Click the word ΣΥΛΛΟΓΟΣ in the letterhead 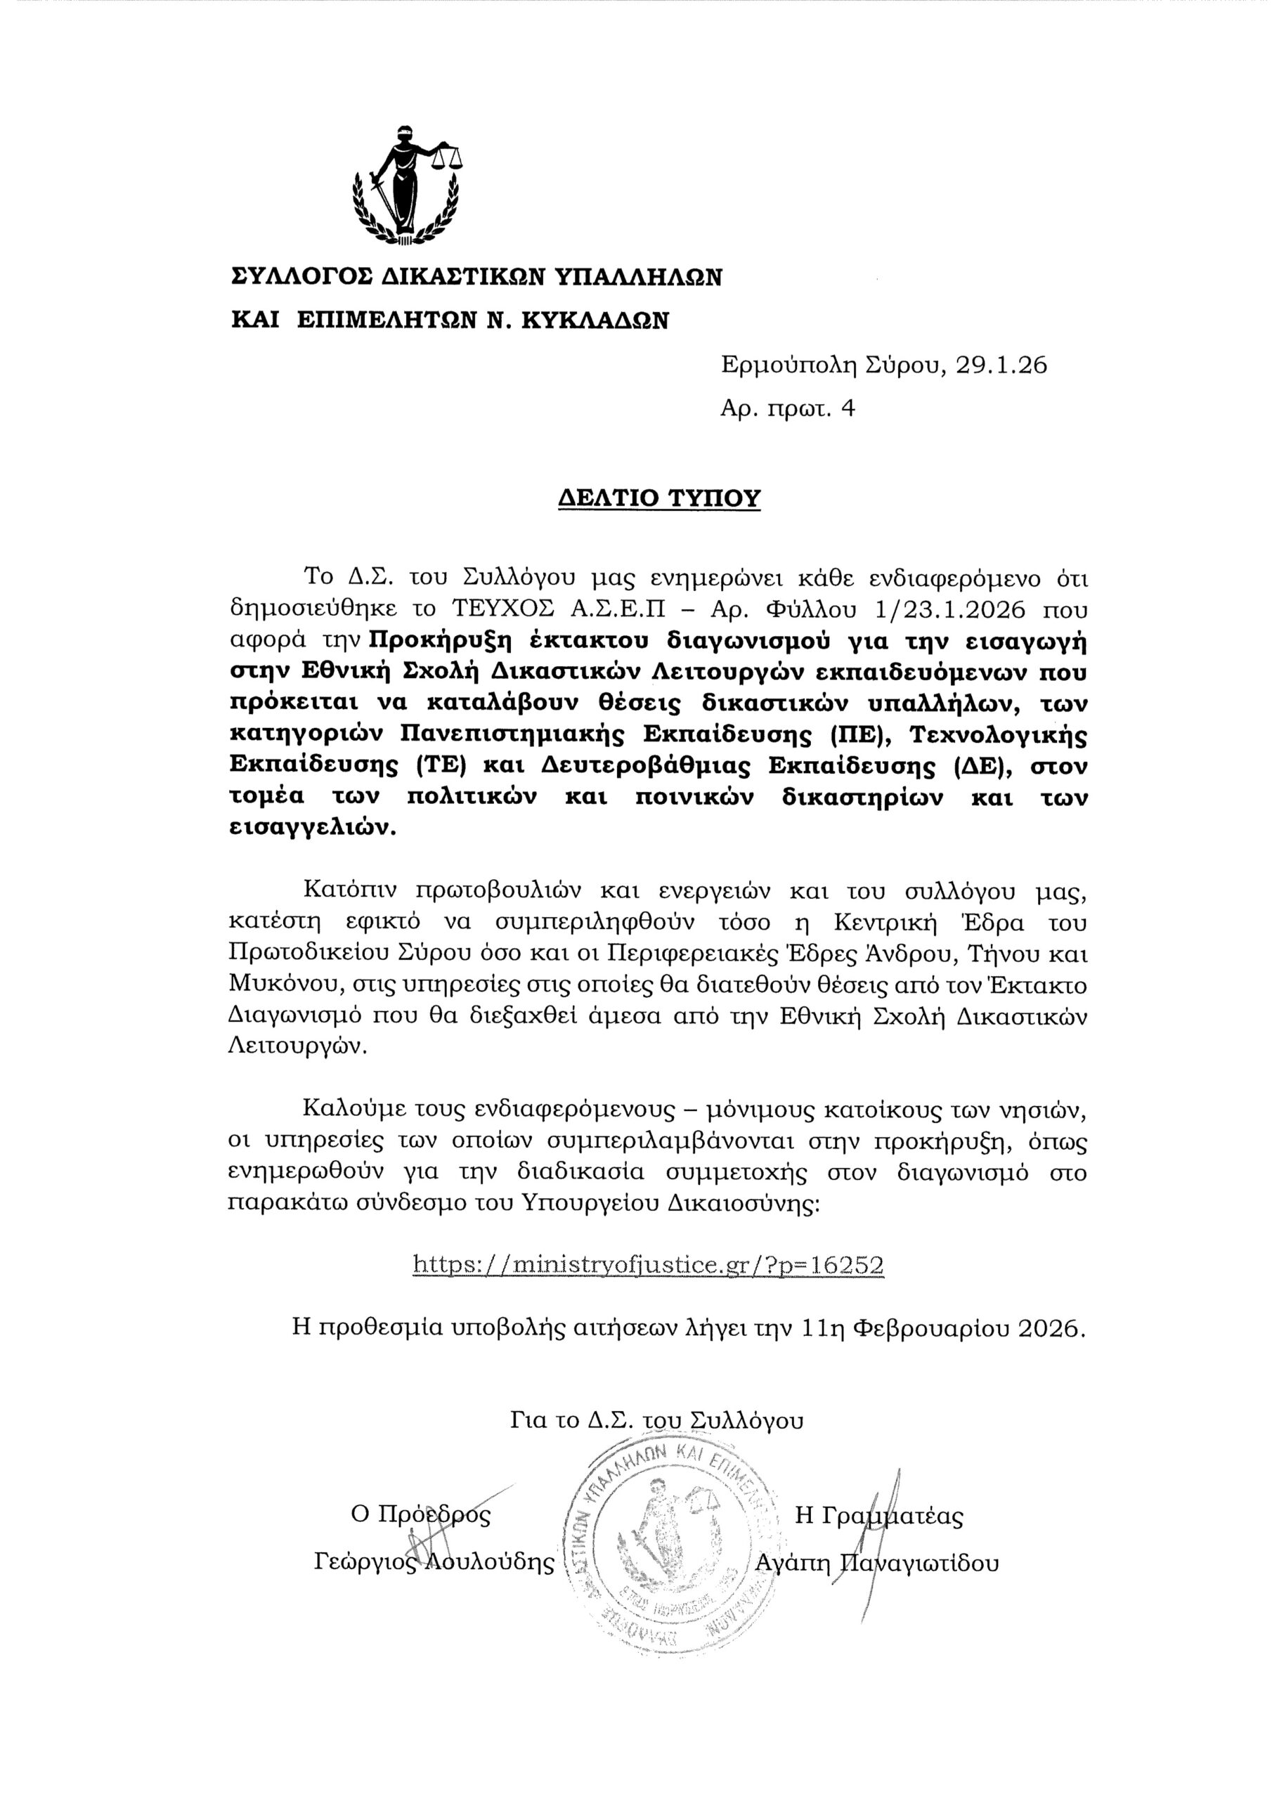pyautogui.click(x=301, y=278)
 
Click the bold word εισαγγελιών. pyautogui.click(x=313, y=829)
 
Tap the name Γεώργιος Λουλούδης pyautogui.click(x=434, y=1561)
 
